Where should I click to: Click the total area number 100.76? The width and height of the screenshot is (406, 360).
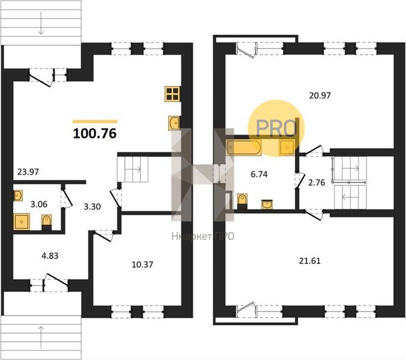pos(95,134)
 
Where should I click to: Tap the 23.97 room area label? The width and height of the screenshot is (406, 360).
pos(28,172)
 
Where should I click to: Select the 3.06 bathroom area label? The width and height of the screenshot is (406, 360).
pos(39,205)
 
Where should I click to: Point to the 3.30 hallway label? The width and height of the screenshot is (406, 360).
pos(92,206)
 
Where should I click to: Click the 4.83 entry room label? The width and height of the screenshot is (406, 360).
pos(50,256)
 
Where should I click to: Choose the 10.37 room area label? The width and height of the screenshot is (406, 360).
pos(142,265)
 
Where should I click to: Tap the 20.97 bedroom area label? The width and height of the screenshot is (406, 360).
pos(320,95)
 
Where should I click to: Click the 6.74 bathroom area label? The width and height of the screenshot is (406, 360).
pos(259,175)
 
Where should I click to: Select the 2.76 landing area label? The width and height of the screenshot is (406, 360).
pos(317,182)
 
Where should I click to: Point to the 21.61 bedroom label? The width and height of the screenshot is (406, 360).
pos(310,260)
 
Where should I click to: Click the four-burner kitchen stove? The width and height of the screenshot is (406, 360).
pos(173,94)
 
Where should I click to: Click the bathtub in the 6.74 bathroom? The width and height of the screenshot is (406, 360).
pos(244,148)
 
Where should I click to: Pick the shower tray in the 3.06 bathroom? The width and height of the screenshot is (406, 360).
pos(22,221)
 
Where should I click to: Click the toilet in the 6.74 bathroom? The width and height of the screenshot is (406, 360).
pos(242,201)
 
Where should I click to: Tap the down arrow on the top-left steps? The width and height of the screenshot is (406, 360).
pos(41,26)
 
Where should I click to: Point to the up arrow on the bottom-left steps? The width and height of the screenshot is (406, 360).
pos(41,337)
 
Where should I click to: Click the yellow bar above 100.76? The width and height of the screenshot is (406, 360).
pos(95,121)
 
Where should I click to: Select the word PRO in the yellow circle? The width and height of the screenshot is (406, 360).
pos(276,128)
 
